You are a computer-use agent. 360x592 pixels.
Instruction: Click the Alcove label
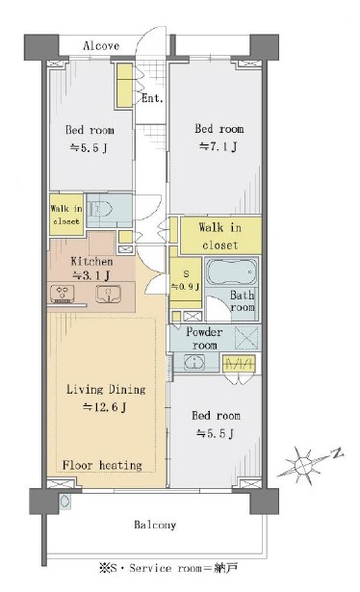point(101,45)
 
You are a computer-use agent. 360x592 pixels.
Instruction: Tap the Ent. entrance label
point(152,98)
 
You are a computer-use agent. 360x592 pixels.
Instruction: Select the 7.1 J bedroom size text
point(219,145)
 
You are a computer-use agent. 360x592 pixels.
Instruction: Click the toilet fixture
point(100,208)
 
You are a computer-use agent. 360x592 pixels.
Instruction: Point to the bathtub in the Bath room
point(232,272)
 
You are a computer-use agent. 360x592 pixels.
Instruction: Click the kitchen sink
point(109,294)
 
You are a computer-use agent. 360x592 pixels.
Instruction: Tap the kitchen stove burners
point(63,294)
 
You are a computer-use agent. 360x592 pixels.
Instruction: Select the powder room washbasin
point(194,362)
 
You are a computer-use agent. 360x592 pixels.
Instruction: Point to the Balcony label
point(155,525)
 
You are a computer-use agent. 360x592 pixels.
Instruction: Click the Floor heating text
point(102,465)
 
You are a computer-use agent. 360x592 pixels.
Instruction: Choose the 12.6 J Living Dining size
point(105,406)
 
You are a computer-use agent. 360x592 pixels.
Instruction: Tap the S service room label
point(186,273)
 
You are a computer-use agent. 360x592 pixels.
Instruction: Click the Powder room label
point(204,338)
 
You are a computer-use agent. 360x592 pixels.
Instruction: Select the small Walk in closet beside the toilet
point(66,215)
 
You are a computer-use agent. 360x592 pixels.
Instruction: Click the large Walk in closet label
point(220,236)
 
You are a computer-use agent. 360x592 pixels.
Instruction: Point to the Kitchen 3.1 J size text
point(90,275)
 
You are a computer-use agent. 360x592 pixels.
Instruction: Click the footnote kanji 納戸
point(225,568)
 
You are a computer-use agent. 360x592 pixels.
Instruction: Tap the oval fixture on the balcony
point(64,501)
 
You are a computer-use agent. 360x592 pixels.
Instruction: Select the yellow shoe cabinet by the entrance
point(124,86)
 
